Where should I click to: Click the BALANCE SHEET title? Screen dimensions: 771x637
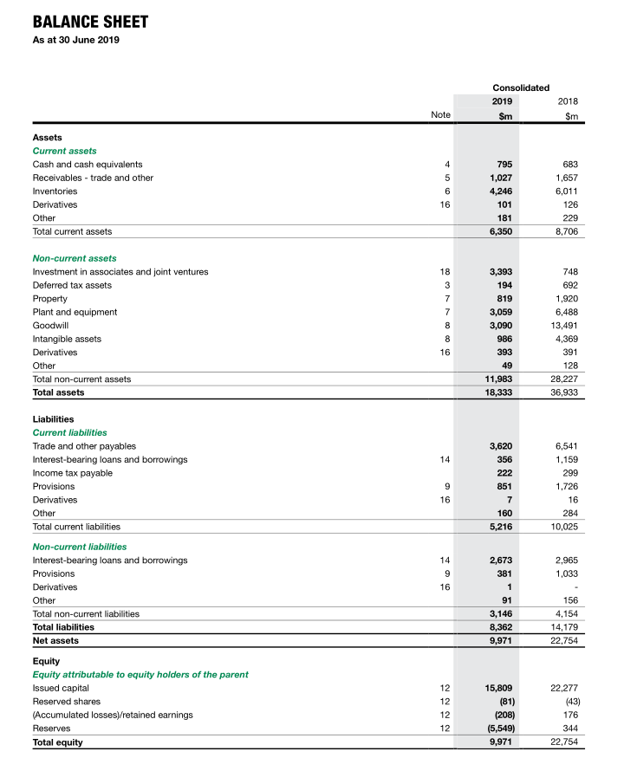(90, 22)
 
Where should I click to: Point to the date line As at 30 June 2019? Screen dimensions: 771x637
(76, 41)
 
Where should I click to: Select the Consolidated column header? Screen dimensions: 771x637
(521, 87)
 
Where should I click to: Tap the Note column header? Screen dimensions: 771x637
(441, 114)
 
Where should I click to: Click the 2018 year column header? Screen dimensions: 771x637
(568, 100)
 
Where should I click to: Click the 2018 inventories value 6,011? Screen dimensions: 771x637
(564, 191)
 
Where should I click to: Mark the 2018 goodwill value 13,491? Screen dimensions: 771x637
(562, 326)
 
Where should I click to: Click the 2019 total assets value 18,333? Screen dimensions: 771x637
(497, 392)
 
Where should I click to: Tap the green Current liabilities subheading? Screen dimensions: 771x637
(69, 432)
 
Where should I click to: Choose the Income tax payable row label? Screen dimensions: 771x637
(72, 473)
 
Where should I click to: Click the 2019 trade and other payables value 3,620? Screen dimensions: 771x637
(499, 446)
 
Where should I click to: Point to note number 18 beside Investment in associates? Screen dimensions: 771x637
(445, 272)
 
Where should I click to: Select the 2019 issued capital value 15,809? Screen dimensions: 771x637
(497, 688)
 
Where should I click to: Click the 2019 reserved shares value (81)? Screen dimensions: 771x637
(503, 702)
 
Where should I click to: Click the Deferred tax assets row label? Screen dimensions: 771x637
(72, 285)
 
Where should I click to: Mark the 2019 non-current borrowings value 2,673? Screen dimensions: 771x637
(499, 560)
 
